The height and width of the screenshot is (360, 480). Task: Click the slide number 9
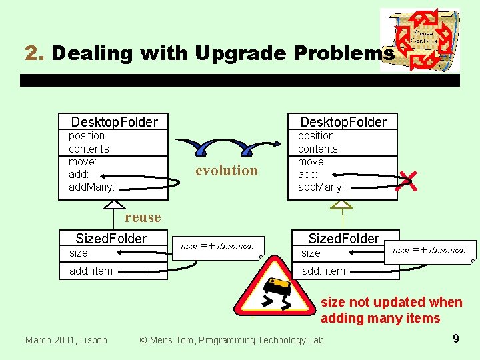pos(455,339)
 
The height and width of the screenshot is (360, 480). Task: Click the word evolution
pos(226,171)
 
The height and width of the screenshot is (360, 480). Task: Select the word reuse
pos(143,217)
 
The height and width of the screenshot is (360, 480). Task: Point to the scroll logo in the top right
pos(419,39)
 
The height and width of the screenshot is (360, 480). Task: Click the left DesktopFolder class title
pos(114,121)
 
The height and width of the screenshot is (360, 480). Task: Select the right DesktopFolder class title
pos(343,121)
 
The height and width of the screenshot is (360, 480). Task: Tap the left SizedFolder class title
pos(111,239)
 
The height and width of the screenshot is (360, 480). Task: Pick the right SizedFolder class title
pos(343,239)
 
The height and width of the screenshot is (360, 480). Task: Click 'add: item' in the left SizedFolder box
pos(91,271)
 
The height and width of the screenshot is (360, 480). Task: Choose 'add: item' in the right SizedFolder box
pos(323,271)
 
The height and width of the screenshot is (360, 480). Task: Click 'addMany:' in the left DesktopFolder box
pos(91,187)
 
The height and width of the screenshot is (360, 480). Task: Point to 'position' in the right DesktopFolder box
pos(315,136)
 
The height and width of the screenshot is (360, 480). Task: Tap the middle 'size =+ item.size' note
pos(217,246)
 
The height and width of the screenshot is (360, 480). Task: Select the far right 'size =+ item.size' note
pos(429,250)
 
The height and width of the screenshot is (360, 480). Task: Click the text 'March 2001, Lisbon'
pos(66,340)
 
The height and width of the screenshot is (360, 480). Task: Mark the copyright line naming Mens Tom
pos(231,340)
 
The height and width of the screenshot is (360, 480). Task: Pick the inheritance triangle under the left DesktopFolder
pos(114,205)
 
